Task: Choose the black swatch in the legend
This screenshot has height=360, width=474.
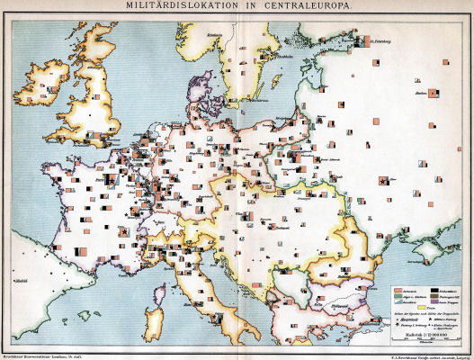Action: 435,292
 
